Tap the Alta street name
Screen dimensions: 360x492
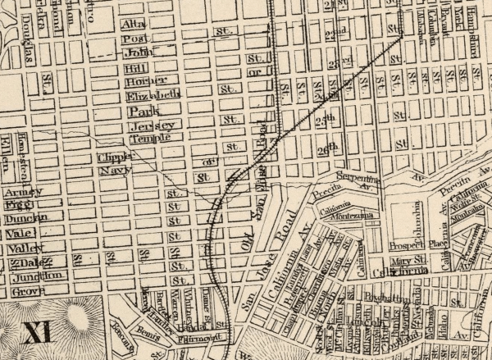[x=134, y=25]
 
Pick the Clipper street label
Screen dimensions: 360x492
[x=115, y=157]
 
